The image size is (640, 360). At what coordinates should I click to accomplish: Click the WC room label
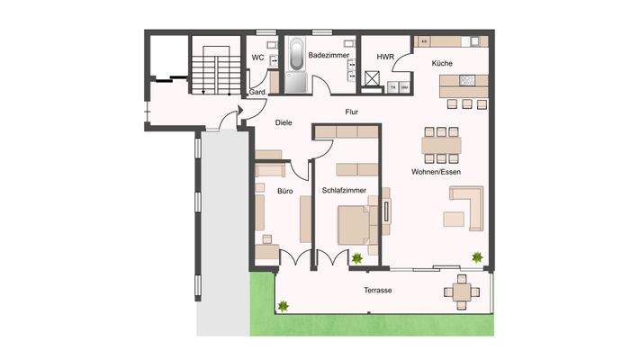coord(257,58)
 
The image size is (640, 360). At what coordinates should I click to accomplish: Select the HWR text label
coord(387,58)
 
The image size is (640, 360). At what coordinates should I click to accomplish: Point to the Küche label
coord(441,63)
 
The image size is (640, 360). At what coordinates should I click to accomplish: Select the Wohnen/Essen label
coord(437,172)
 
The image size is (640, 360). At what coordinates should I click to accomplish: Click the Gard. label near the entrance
coord(256,93)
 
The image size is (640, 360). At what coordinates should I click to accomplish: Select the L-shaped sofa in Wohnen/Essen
coord(465,209)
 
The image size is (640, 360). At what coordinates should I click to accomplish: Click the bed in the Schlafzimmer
coord(353,224)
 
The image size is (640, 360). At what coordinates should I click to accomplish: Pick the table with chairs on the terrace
coord(462,290)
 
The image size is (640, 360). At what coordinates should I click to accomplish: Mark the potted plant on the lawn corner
coord(284,306)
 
